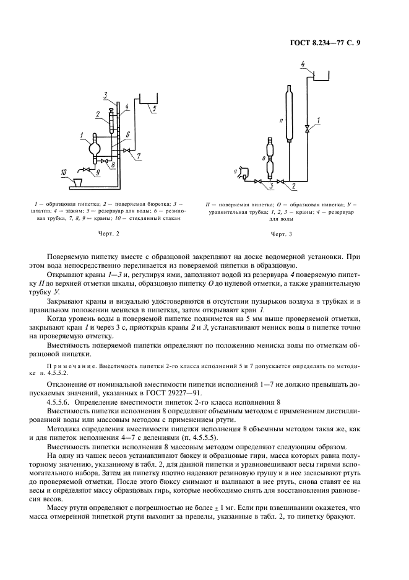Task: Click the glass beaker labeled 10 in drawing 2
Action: point(79,182)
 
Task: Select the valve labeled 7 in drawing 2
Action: point(127,151)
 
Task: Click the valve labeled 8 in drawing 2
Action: point(105,162)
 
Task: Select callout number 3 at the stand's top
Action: point(106,95)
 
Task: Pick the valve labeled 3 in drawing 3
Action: point(257,181)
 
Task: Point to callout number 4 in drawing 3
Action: point(303,64)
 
